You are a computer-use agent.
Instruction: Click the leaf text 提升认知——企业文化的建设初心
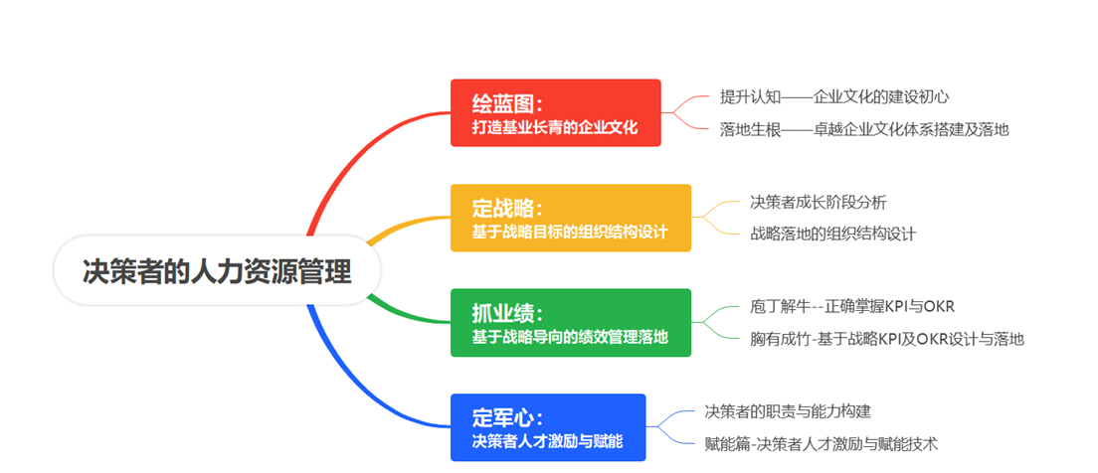[833, 96]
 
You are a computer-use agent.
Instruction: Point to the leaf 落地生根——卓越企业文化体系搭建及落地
[864, 128]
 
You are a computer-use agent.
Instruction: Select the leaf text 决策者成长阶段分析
[818, 202]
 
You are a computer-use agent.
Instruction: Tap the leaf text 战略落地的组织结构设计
[832, 234]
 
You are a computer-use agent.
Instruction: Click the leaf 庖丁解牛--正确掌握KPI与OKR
[852, 306]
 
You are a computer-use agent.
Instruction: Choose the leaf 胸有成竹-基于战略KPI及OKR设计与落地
[886, 339]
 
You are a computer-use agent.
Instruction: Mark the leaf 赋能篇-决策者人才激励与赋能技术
[821, 443]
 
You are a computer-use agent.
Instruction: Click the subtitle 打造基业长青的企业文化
[554, 127]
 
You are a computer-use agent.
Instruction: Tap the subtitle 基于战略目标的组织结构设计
[570, 233]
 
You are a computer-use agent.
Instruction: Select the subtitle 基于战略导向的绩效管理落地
[570, 337]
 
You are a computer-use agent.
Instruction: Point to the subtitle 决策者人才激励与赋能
[547, 441]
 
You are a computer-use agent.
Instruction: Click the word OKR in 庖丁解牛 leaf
[938, 306]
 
